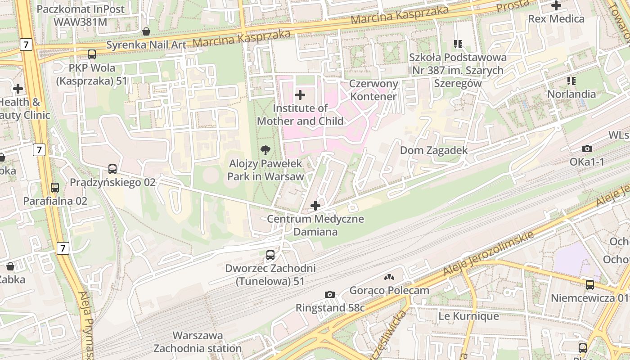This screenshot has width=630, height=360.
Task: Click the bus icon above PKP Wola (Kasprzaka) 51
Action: click(x=92, y=54)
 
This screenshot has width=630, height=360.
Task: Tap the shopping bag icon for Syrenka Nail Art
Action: click(x=146, y=31)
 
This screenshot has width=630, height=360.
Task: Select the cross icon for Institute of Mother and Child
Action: click(x=300, y=95)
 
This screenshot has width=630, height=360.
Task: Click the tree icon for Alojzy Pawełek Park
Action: click(x=266, y=150)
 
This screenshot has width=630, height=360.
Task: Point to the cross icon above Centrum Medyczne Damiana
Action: click(x=315, y=206)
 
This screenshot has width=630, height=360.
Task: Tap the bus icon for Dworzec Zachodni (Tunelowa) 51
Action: click(x=270, y=255)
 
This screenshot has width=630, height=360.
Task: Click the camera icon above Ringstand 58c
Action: click(x=330, y=294)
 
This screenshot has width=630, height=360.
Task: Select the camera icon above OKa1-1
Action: click(x=587, y=148)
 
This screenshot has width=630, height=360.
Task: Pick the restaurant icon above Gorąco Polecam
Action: click(x=389, y=277)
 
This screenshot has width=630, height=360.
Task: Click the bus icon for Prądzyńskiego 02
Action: click(x=112, y=169)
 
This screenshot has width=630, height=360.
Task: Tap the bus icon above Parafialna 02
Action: click(x=55, y=188)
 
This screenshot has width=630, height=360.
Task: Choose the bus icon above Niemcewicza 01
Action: click(x=589, y=285)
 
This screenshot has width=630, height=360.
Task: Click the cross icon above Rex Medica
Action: click(x=556, y=6)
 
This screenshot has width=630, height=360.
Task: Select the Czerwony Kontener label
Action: click(x=374, y=90)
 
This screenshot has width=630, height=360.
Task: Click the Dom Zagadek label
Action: click(x=434, y=150)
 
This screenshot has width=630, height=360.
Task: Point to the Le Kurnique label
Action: click(x=468, y=316)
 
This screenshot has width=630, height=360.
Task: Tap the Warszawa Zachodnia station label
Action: click(x=198, y=342)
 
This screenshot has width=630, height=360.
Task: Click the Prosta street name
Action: click(x=513, y=6)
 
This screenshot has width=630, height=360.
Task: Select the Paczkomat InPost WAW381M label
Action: click(x=74, y=15)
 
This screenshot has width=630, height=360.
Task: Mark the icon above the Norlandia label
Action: click(x=571, y=81)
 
